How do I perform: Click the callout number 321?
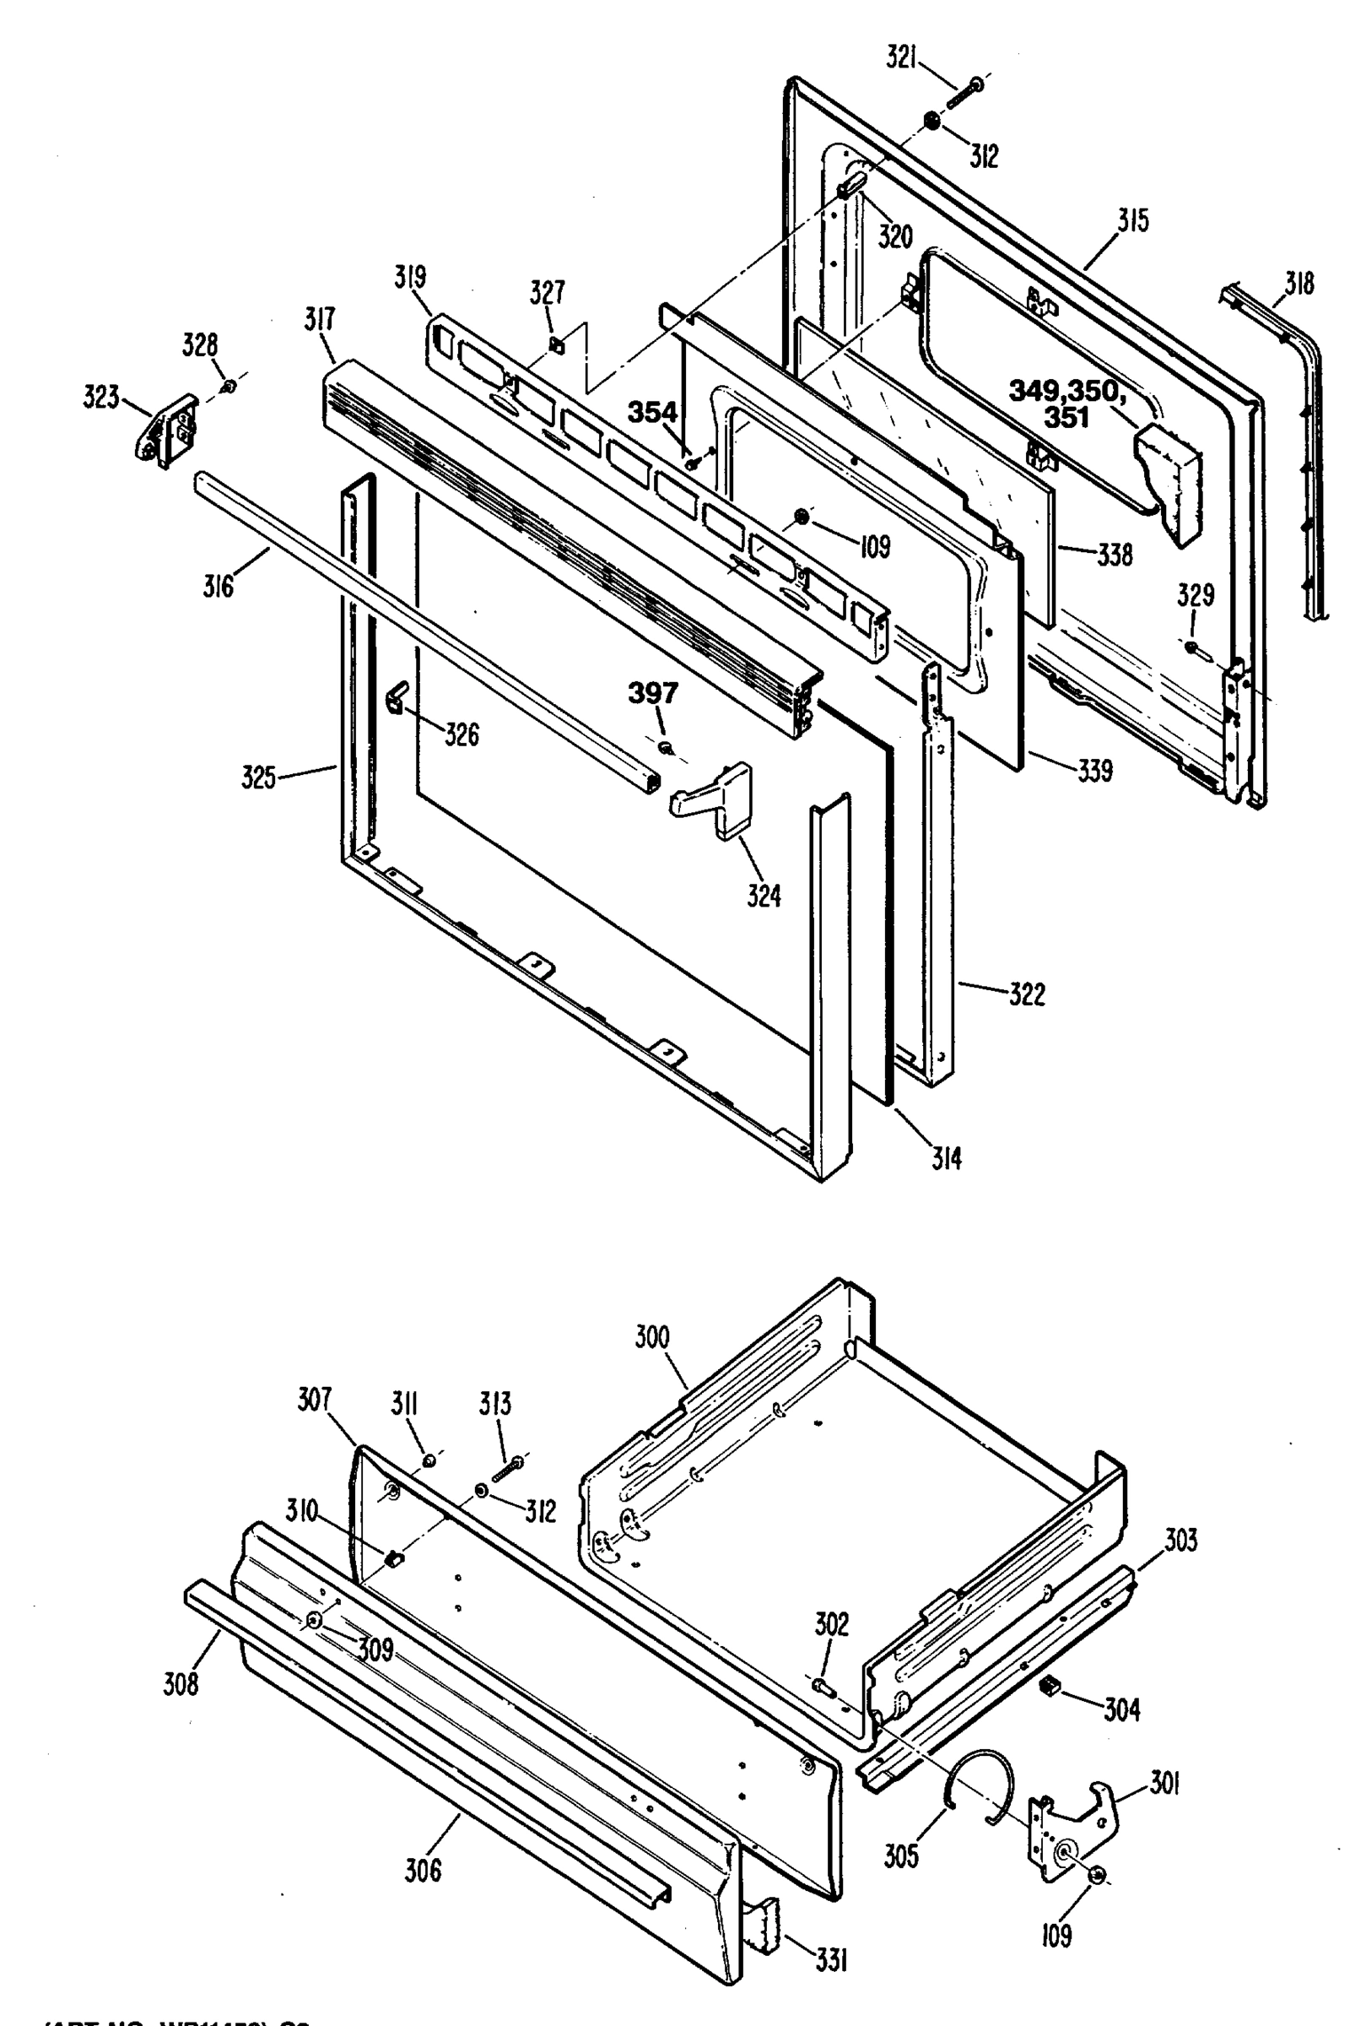902,57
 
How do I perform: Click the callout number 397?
652,694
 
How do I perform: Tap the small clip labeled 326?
397,697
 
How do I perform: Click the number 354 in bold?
652,412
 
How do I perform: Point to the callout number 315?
1133,220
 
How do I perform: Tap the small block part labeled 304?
1049,1685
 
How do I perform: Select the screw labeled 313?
507,1466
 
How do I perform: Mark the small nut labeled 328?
227,386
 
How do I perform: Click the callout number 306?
423,1870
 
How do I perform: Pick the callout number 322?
1027,994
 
